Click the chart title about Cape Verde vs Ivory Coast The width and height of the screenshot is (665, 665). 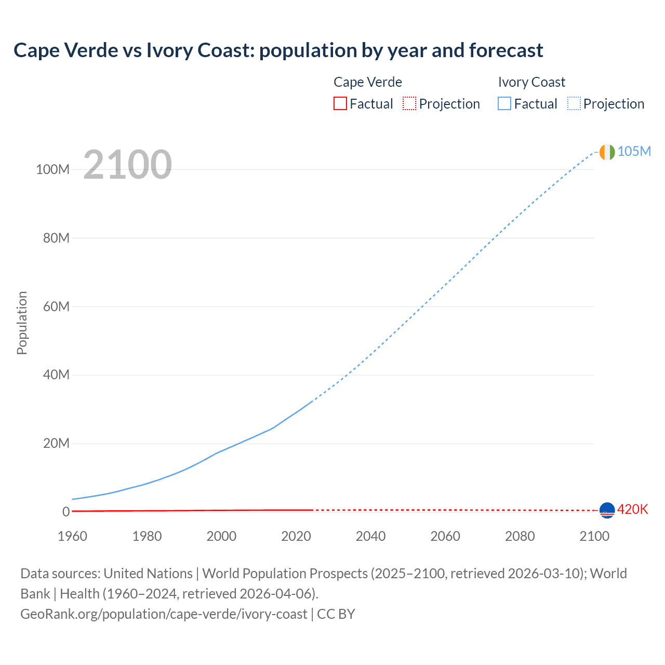pyautogui.click(x=278, y=50)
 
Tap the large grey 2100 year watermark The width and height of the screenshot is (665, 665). pyautogui.click(x=127, y=165)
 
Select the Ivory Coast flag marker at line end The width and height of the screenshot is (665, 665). pyautogui.click(x=607, y=152)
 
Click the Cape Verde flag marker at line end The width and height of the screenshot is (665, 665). pyautogui.click(x=607, y=510)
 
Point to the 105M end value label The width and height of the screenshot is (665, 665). pyautogui.click(x=634, y=151)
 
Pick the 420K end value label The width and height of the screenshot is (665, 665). pyautogui.click(x=632, y=509)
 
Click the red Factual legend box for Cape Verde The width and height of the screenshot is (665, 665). pyautogui.click(x=340, y=103)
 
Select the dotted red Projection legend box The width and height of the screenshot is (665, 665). pyautogui.click(x=409, y=103)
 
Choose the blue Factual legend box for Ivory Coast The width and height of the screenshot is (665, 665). pyautogui.click(x=504, y=103)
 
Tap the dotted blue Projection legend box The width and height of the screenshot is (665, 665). pyautogui.click(x=574, y=103)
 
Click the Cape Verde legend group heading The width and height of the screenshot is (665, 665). pyautogui.click(x=367, y=82)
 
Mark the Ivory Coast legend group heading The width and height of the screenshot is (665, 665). pyautogui.click(x=531, y=82)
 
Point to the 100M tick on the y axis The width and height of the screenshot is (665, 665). pyautogui.click(x=52, y=169)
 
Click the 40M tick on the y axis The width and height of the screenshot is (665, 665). pyautogui.click(x=56, y=375)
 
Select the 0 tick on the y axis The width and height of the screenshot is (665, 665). pyautogui.click(x=65, y=512)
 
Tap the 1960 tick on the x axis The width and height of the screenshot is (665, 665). pyautogui.click(x=72, y=536)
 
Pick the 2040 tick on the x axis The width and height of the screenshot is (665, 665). pyautogui.click(x=370, y=536)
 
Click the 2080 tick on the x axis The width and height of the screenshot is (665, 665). pyautogui.click(x=520, y=536)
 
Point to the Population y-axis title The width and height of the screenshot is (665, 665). pyautogui.click(x=22, y=323)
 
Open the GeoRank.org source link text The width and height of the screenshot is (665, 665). pyautogui.click(x=164, y=614)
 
